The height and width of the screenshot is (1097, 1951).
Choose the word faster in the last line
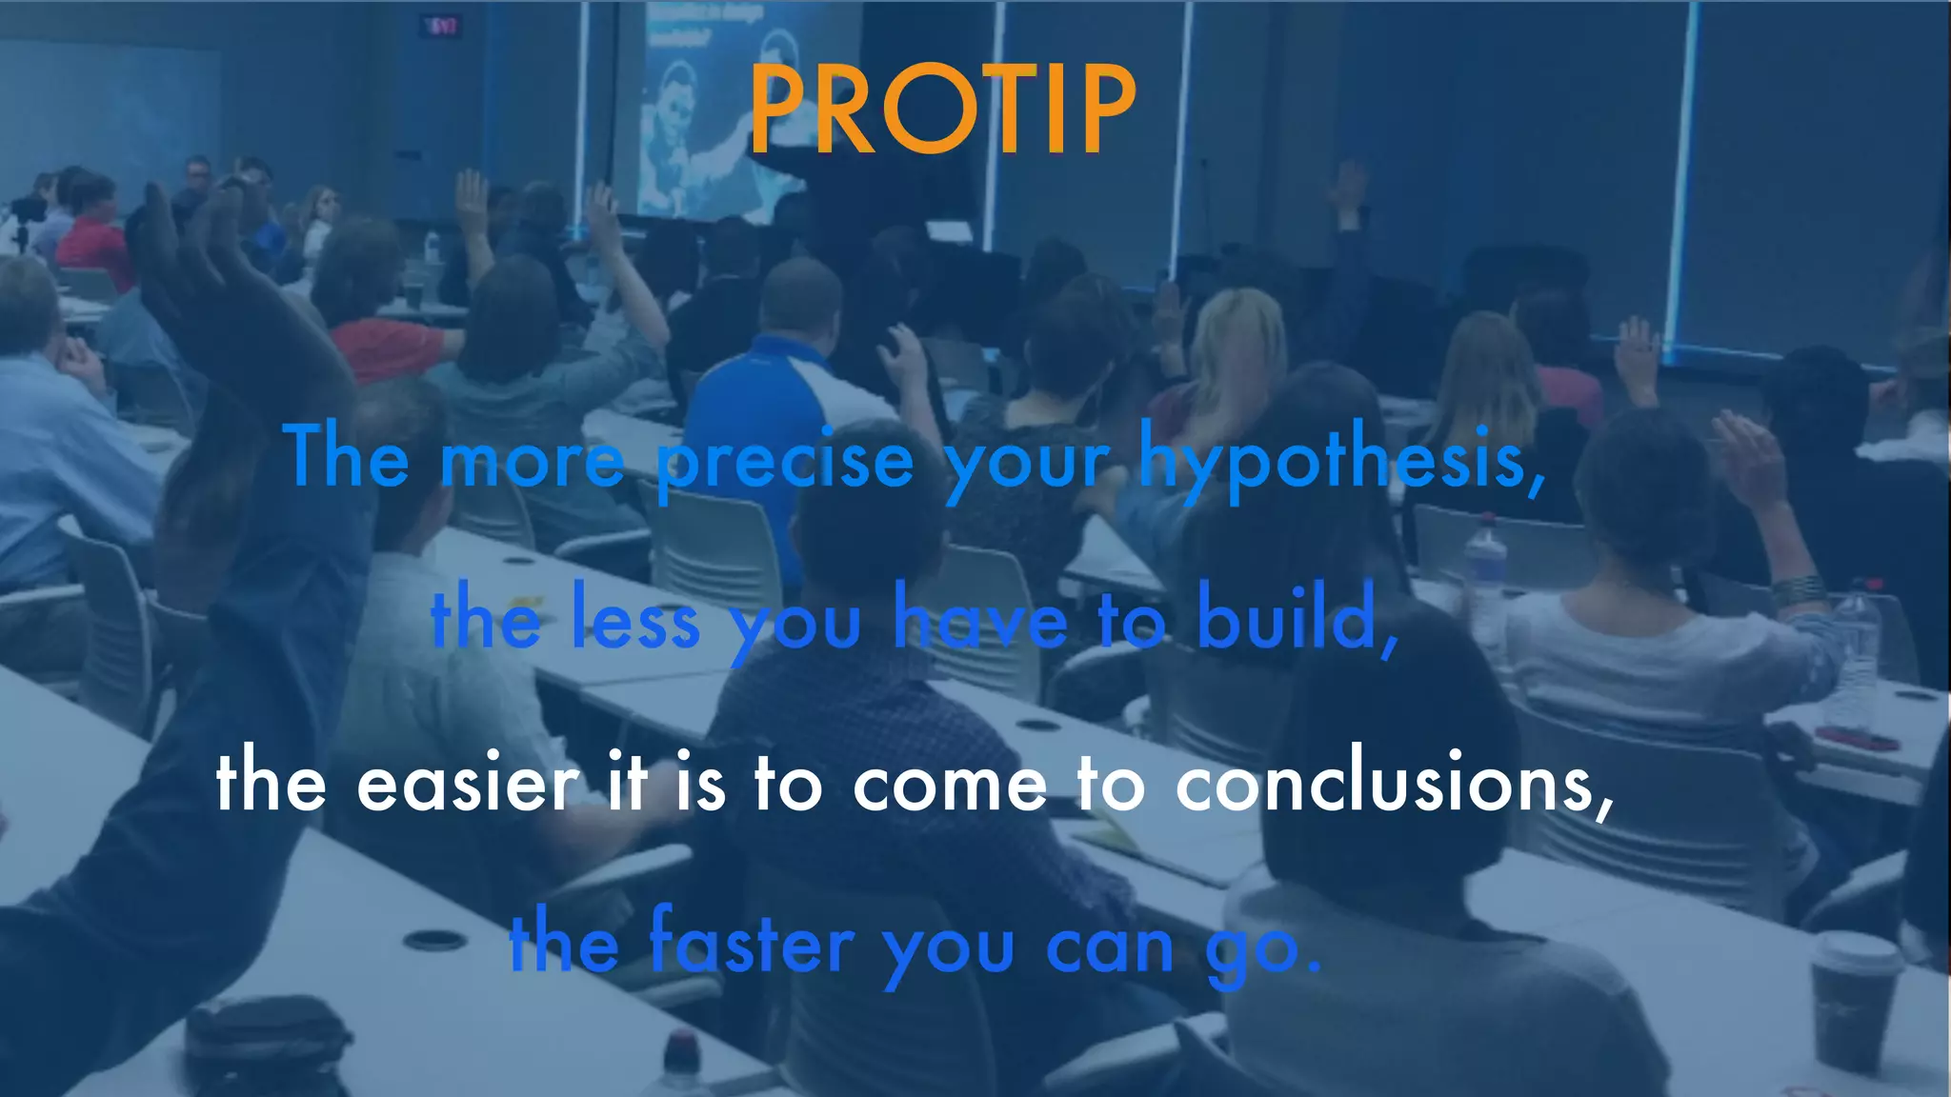tap(752, 944)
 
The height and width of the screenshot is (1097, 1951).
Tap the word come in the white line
tap(949, 785)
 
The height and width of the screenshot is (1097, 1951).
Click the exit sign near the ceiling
tap(443, 26)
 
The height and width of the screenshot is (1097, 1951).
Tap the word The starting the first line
tap(347, 457)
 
